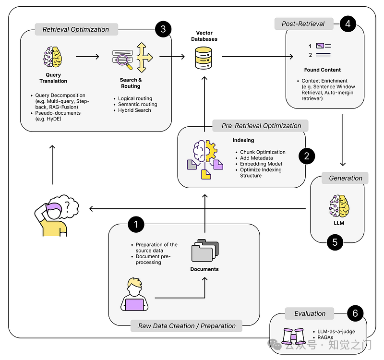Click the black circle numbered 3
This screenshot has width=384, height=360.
tap(163, 29)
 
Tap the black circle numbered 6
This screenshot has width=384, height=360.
tap(355, 313)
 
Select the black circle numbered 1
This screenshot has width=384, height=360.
tap(136, 224)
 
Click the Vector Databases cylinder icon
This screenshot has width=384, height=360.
tap(204, 58)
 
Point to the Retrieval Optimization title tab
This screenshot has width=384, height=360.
tap(76, 29)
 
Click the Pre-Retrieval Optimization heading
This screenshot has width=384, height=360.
tap(261, 126)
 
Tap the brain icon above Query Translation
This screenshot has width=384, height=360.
tap(53, 57)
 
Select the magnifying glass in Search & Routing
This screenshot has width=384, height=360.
tap(124, 61)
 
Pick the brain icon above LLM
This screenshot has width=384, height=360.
tap(339, 206)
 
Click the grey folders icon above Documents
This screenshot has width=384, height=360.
tap(205, 250)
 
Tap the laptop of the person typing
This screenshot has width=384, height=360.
tap(134, 305)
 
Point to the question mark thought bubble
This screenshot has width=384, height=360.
tap(66, 206)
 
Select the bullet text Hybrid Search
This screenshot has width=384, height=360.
tap(134, 110)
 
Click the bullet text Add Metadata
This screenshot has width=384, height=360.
tap(256, 158)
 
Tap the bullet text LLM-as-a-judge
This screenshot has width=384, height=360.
tap(336, 331)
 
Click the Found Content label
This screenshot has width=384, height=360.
tap(322, 70)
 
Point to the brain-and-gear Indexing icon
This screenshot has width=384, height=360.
tap(205, 159)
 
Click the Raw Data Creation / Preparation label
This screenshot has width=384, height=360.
tap(187, 326)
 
